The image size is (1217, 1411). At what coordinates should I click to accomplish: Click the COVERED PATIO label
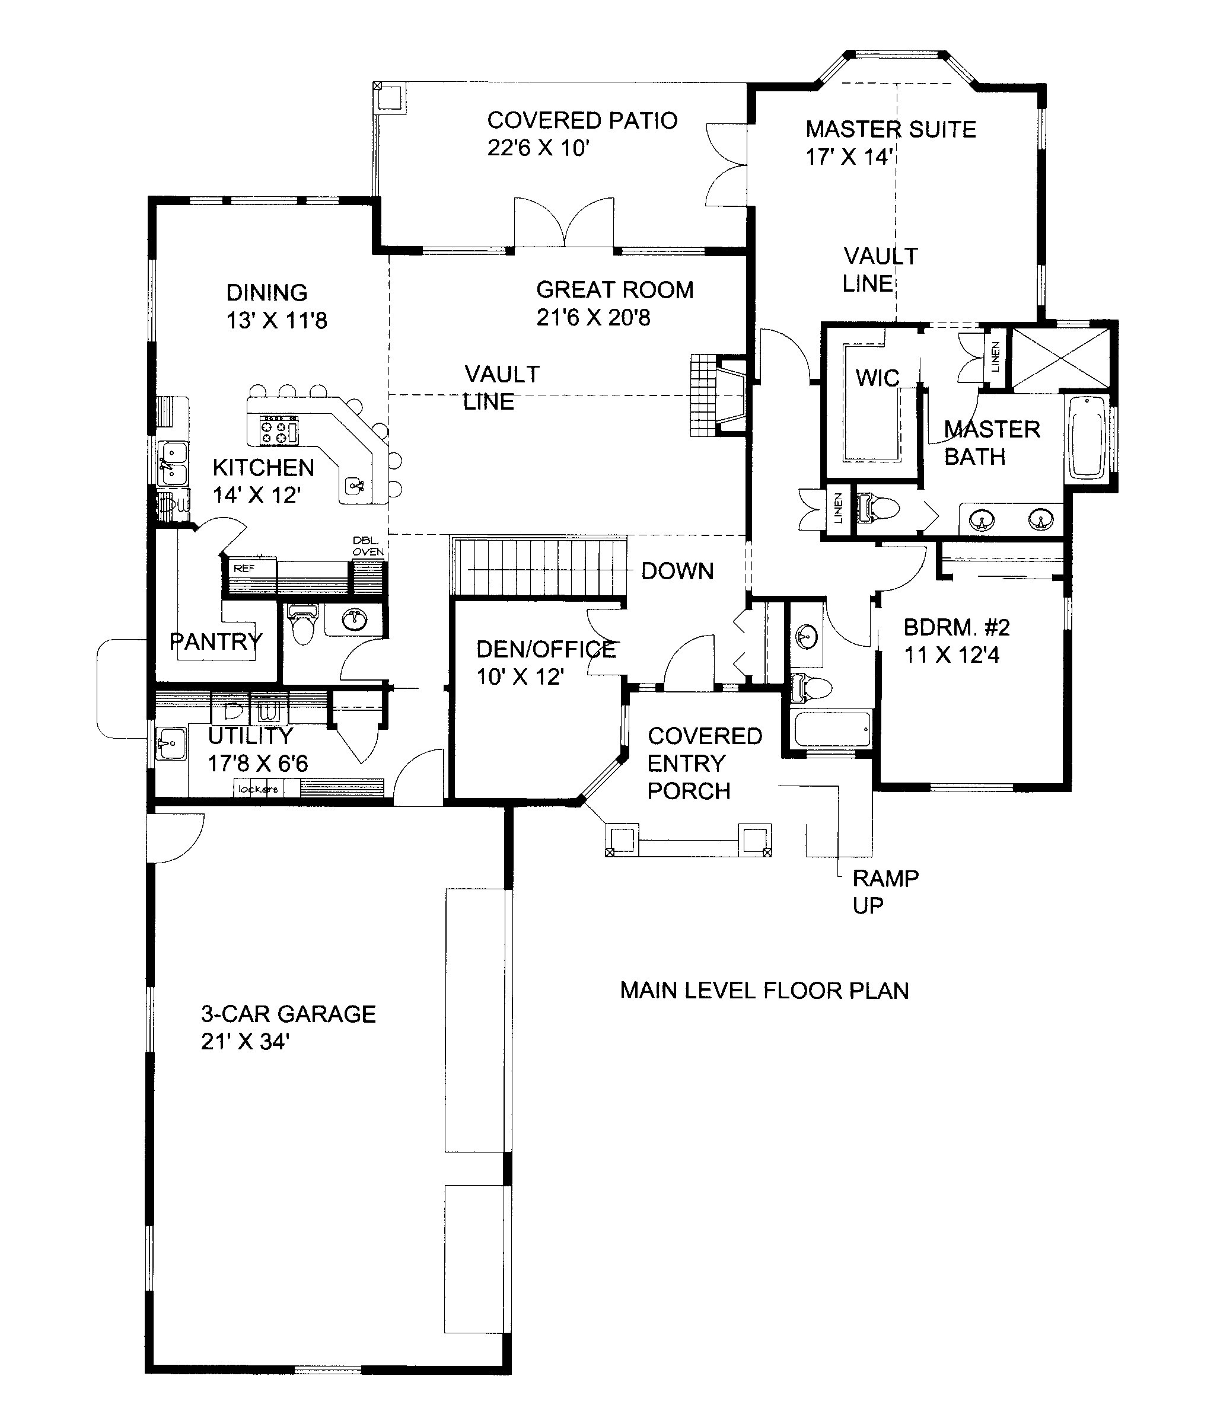582,120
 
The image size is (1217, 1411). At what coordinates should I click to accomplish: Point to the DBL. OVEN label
368,546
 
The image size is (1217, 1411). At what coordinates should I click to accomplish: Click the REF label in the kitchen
243,568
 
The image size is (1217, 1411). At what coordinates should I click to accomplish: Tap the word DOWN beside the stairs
677,571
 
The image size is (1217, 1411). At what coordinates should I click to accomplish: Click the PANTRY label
215,641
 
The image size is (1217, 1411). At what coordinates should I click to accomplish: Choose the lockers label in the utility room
257,788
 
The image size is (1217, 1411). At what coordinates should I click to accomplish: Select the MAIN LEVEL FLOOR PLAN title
764,990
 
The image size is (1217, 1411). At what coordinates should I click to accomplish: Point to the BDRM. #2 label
956,627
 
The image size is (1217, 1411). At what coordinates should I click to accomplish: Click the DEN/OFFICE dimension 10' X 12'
521,676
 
